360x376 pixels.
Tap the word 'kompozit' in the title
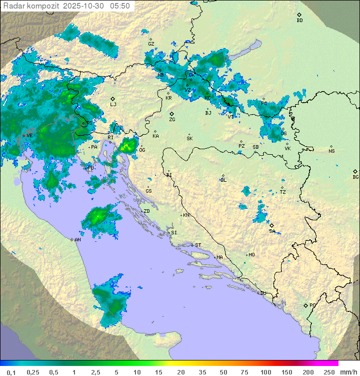(x=44, y=6)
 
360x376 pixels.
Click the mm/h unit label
(x=348, y=372)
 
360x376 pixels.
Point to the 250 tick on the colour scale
(x=329, y=372)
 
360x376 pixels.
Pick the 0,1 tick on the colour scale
(x=11, y=372)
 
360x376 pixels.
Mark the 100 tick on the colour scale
(x=265, y=372)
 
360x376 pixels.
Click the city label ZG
(x=172, y=120)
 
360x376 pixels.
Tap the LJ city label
(x=113, y=104)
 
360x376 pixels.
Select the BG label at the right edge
(x=355, y=177)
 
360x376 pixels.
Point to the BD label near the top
(x=299, y=21)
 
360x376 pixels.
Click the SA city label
(x=272, y=231)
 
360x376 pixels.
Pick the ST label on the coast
(x=198, y=245)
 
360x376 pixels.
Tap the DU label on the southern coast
(x=262, y=293)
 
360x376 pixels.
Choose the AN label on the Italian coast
(x=77, y=240)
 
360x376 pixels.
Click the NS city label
(x=331, y=151)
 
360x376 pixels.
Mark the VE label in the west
(x=29, y=135)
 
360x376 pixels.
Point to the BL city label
(x=223, y=180)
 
